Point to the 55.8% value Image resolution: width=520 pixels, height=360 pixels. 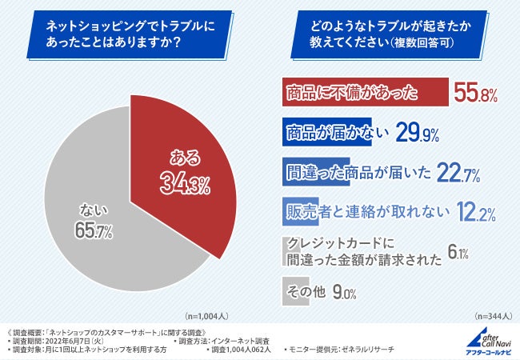pyautogui.click(x=476, y=93)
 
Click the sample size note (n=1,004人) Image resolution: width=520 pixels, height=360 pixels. pyautogui.click(x=206, y=315)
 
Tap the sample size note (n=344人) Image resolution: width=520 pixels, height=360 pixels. pyautogui.click(x=494, y=315)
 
